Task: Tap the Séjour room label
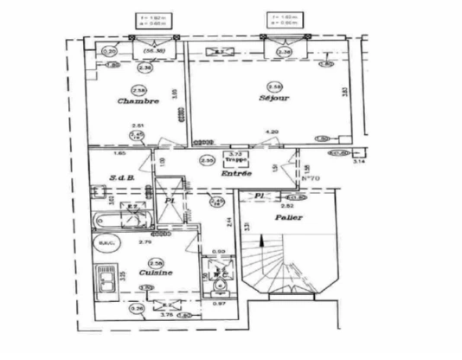click(x=275, y=99)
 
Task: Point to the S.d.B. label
click(x=120, y=179)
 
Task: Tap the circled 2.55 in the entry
click(x=207, y=160)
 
